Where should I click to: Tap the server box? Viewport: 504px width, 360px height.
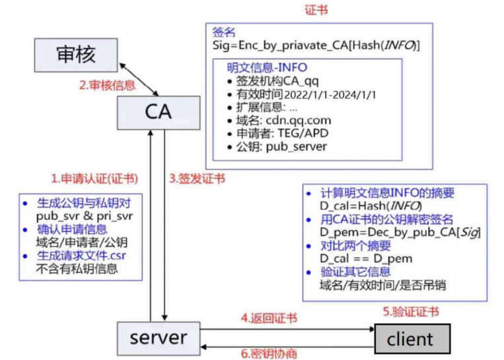158,338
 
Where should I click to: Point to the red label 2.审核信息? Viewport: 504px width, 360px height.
108,85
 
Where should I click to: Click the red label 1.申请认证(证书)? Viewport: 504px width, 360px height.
94,178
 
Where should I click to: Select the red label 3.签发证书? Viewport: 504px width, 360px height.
197,178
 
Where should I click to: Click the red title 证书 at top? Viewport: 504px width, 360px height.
315,10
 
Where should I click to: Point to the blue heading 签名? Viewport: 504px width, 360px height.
223,32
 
